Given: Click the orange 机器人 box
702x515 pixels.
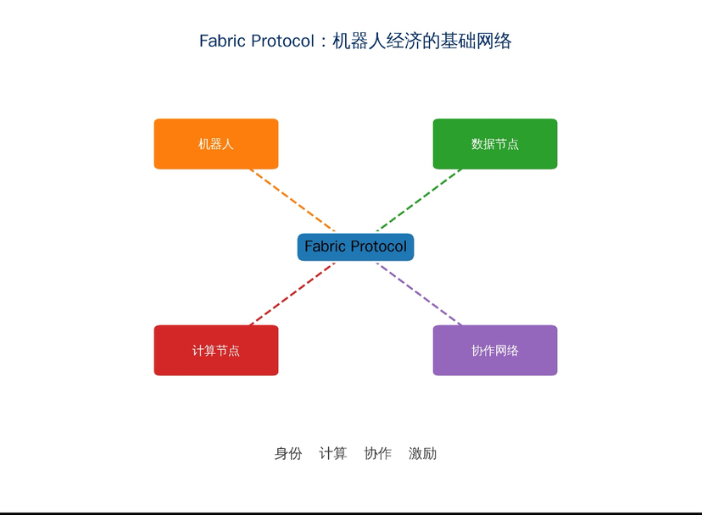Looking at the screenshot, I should tap(216, 144).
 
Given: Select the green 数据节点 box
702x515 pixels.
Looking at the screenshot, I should tap(495, 144).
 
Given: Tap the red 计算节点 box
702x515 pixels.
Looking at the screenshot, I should tap(216, 350).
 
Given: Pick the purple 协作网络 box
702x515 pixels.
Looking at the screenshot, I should tap(495, 350).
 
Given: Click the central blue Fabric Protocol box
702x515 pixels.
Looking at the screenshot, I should tap(355, 247).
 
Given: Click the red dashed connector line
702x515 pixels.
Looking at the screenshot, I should tap(292, 294).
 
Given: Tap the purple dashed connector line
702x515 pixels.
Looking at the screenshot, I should tap(419, 294).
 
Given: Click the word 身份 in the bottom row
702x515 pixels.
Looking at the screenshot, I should tap(288, 454).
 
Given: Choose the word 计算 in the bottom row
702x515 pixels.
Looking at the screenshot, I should tap(332, 454).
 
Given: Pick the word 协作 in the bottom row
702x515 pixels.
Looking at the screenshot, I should tap(377, 454).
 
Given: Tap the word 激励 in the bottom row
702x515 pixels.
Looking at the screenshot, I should tap(422, 454).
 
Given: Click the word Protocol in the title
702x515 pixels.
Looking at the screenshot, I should tap(282, 41).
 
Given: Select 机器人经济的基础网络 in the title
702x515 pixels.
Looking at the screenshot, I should tap(421, 41).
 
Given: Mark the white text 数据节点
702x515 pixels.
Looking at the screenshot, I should tap(495, 144).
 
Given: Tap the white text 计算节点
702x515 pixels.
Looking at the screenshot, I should tap(216, 351).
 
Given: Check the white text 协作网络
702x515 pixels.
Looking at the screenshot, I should tap(495, 351).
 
